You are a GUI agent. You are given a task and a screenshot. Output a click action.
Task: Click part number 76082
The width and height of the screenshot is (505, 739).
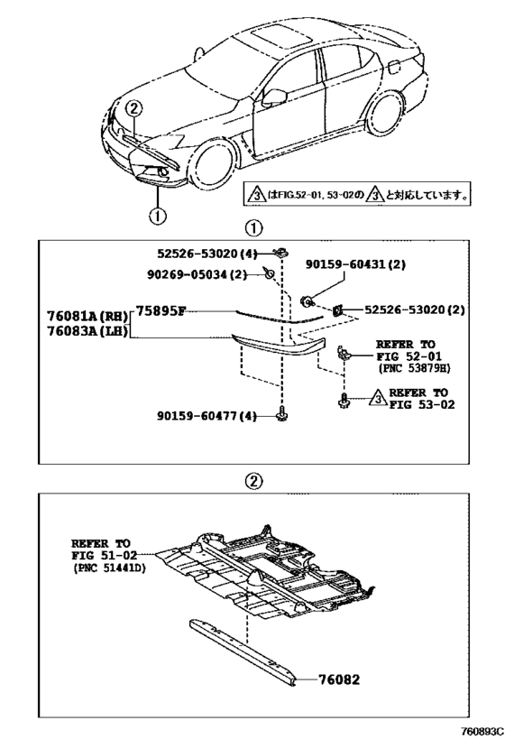click(x=339, y=679)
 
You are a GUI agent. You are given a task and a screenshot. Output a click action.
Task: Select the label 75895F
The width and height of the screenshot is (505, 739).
click(x=161, y=311)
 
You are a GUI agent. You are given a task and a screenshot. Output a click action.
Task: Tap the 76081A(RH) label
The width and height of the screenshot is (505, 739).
click(x=87, y=315)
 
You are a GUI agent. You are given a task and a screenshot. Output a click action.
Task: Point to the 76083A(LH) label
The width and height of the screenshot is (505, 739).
click(x=87, y=331)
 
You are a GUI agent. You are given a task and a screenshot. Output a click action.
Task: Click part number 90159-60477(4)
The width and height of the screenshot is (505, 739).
click(x=207, y=416)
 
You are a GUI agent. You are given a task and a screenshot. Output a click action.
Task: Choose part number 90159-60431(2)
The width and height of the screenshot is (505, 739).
click(x=355, y=264)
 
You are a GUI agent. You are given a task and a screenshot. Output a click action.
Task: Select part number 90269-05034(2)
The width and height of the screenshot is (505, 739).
click(x=197, y=273)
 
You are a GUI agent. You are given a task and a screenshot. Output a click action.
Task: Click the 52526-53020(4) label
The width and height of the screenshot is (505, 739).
click(x=207, y=254)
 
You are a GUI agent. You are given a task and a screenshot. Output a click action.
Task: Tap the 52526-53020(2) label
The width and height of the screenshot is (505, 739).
click(x=415, y=309)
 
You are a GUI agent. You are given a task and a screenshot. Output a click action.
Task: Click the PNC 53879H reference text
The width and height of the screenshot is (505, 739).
click(x=414, y=368)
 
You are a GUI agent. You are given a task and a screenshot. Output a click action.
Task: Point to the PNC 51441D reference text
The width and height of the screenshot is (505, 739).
click(x=110, y=568)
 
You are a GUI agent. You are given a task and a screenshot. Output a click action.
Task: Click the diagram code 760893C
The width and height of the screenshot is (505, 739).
click(x=480, y=731)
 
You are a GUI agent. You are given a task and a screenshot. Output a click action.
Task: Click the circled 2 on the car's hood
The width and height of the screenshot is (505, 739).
click(x=133, y=109)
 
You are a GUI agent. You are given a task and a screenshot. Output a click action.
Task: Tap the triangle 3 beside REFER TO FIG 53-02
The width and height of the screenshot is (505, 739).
click(x=377, y=399)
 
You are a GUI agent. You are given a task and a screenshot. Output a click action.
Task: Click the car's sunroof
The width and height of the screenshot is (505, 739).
click(x=280, y=37)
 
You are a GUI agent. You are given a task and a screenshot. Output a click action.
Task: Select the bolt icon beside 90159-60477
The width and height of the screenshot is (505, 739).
click(x=281, y=413)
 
